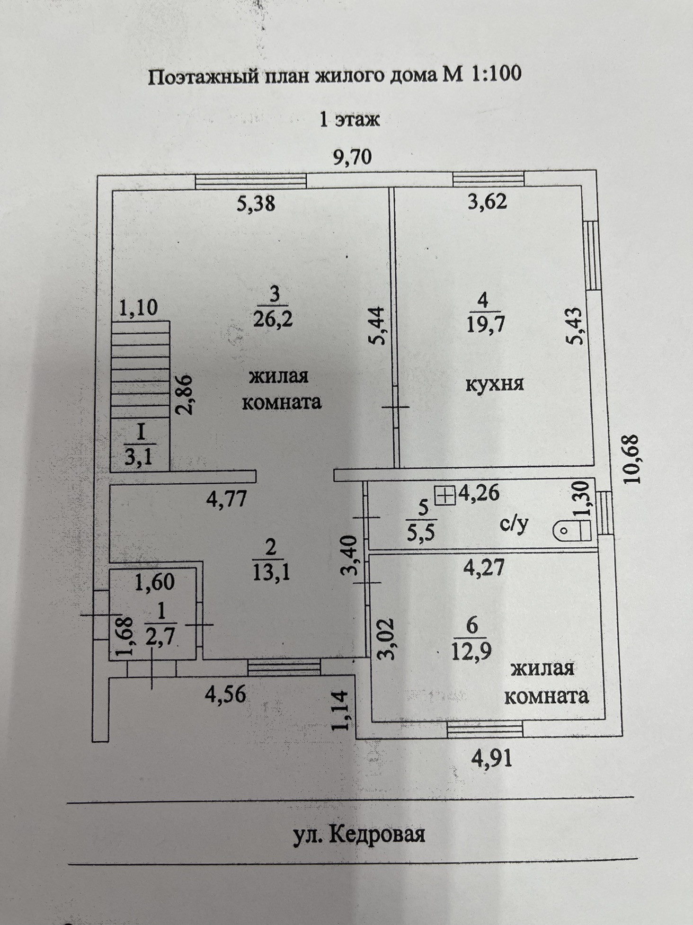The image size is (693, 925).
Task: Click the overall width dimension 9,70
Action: click(x=353, y=157)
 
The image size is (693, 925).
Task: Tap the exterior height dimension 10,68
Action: click(x=631, y=458)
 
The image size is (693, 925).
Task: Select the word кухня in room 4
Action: click(x=495, y=383)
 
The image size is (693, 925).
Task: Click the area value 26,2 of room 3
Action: click(x=273, y=319)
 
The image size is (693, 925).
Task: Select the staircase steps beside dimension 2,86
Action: click(x=140, y=369)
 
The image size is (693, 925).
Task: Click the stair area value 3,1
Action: click(x=139, y=457)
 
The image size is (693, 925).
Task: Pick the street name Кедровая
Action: click(x=376, y=835)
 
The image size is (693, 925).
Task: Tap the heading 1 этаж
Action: click(x=350, y=119)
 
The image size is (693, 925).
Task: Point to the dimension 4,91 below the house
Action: click(x=492, y=759)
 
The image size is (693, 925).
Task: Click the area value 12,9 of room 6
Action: click(x=471, y=652)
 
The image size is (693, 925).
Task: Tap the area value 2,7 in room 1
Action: click(x=161, y=637)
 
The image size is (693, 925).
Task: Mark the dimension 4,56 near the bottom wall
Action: click(x=225, y=694)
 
